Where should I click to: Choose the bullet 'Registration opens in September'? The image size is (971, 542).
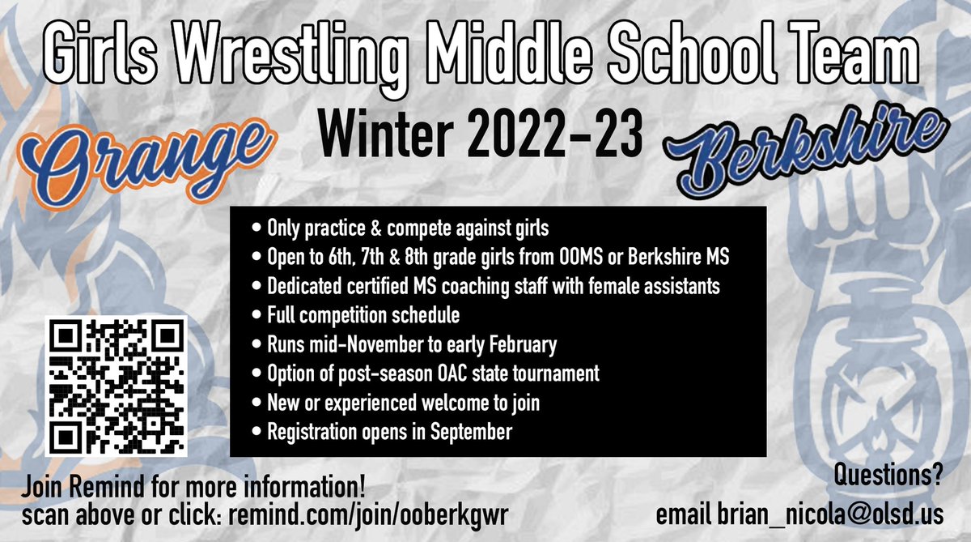390,433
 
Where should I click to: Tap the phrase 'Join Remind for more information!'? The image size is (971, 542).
193,490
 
